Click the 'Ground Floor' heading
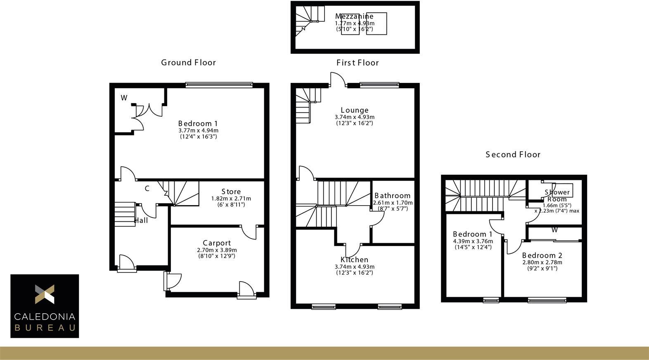[188, 63]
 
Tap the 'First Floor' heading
[358, 63]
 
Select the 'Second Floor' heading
[513, 155]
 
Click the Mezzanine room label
[354, 16]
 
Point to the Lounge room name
[355, 110]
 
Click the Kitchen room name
[354, 260]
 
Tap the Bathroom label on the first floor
[392, 196]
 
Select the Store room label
[231, 192]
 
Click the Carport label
[217, 243]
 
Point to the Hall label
[141, 220]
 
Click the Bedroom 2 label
[542, 256]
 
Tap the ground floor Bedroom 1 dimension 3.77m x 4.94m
[199, 130]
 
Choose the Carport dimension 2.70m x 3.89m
[217, 250]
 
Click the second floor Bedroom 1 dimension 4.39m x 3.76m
[473, 241]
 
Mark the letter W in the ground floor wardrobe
[124, 98]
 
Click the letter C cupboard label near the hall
[147, 189]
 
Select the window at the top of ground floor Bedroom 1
[219, 85]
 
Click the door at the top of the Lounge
[338, 79]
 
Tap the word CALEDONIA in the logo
[45, 317]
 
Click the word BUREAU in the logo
[45, 328]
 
